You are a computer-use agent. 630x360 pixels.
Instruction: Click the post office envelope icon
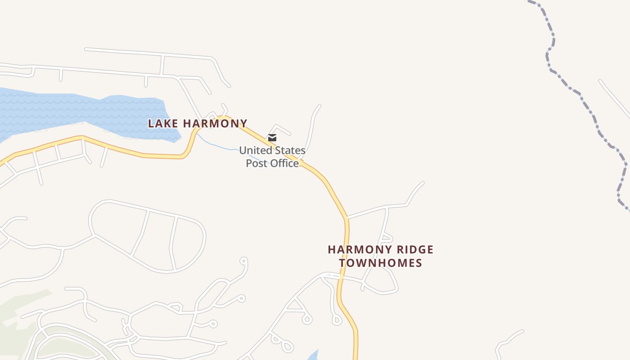[x=272, y=138]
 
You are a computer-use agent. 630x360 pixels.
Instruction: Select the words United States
[x=272, y=150]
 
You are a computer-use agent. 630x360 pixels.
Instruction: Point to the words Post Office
[x=272, y=163]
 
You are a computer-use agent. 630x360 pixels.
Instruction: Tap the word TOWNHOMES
[x=381, y=263]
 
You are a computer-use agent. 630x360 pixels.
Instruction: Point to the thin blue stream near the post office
[x=220, y=146]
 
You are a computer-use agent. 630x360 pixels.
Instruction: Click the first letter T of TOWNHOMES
[x=342, y=263]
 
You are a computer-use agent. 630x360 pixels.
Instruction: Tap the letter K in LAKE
[x=167, y=123]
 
